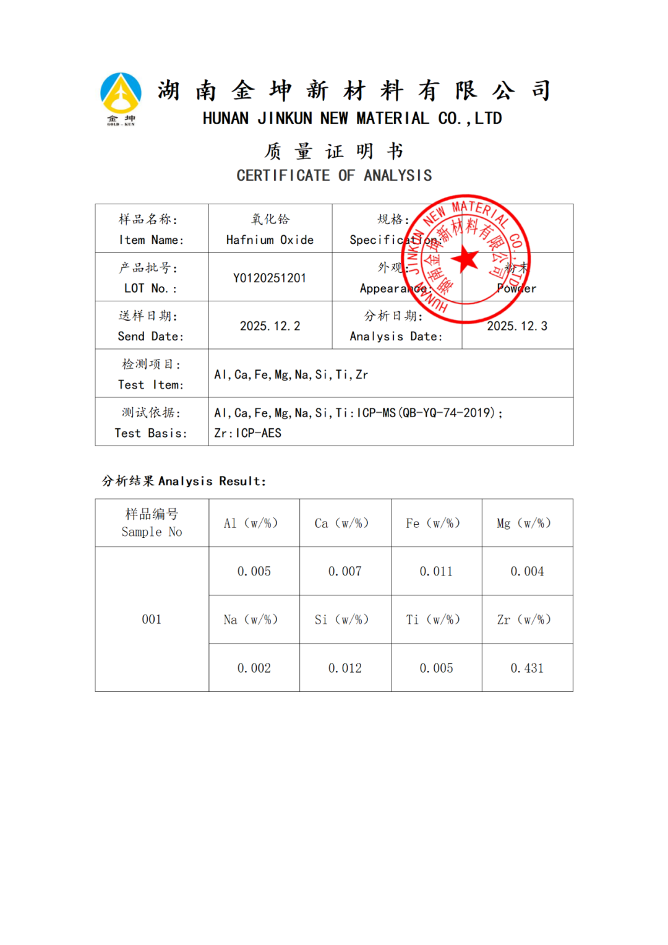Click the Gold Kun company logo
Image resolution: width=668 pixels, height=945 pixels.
(x=121, y=98)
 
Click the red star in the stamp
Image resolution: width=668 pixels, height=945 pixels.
(x=466, y=259)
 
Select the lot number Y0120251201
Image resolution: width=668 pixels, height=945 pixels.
(x=270, y=278)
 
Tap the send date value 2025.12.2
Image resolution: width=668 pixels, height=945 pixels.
(x=270, y=326)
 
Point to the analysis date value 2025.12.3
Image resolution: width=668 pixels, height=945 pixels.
(x=517, y=326)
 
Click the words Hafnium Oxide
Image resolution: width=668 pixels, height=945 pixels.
(x=270, y=240)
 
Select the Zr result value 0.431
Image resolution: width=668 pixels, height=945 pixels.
(x=527, y=668)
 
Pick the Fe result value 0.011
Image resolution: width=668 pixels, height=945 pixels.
(x=436, y=571)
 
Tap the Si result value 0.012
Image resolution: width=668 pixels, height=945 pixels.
(x=345, y=668)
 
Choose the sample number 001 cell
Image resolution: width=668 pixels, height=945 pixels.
(x=152, y=619)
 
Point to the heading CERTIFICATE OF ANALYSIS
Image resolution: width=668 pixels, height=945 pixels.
(x=334, y=176)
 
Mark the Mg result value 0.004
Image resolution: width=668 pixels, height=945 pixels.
(x=527, y=571)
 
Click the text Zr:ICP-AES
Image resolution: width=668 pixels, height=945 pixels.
(x=248, y=433)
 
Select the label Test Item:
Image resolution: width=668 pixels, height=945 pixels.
(x=151, y=385)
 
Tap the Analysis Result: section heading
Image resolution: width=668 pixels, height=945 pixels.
(x=184, y=481)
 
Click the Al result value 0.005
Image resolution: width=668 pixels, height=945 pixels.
(x=254, y=571)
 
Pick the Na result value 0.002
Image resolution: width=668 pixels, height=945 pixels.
(x=254, y=668)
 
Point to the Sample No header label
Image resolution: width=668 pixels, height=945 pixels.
(x=152, y=532)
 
